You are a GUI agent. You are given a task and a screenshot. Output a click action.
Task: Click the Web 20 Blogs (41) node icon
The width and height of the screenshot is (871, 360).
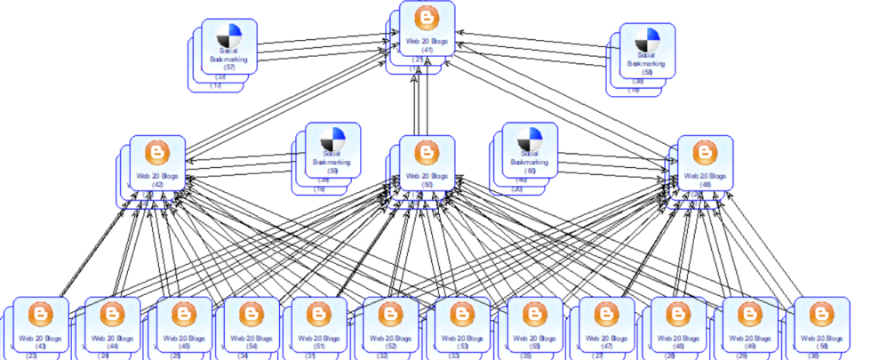pyautogui.click(x=427, y=20)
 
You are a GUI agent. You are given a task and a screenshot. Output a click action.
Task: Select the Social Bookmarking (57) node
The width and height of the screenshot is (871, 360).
pyautogui.click(x=228, y=44)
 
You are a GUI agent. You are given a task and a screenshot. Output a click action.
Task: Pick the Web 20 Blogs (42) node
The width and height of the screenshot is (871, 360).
pyautogui.click(x=157, y=162)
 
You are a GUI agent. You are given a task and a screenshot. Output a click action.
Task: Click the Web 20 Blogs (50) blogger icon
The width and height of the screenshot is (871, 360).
pyautogui.click(x=427, y=153)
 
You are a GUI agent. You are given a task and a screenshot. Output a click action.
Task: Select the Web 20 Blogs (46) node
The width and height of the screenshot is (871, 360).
pyautogui.click(x=705, y=162)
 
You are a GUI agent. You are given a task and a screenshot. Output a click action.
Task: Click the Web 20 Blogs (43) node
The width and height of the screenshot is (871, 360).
pyautogui.click(x=41, y=324)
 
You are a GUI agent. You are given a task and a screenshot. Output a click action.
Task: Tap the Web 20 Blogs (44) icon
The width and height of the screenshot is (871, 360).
pyautogui.click(x=113, y=314)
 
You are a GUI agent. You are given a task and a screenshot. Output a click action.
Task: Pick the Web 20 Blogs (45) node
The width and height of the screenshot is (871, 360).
pyautogui.click(x=184, y=324)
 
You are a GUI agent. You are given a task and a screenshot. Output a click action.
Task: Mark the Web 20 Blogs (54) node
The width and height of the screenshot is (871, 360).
pyautogui.click(x=252, y=324)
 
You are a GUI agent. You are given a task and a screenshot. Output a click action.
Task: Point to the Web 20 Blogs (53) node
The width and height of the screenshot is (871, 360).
pyautogui.click(x=460, y=324)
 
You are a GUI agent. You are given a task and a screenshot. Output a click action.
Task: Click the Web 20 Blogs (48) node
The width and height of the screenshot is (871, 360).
pyautogui.click(x=677, y=324)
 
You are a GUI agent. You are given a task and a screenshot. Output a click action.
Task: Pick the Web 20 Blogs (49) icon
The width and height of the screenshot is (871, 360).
pyautogui.click(x=749, y=314)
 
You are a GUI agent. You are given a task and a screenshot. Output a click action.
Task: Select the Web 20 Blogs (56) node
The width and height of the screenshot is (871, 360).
pyautogui.click(x=819, y=324)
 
